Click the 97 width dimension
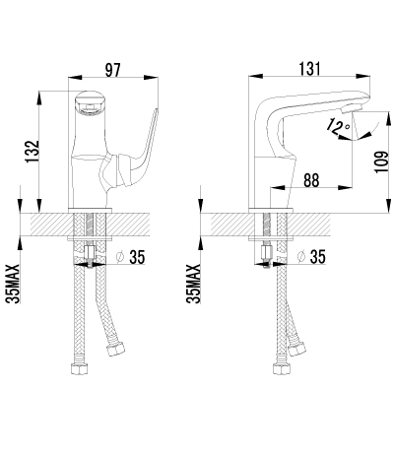113,70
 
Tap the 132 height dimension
33,152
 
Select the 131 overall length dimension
309,69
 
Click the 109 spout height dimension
381,162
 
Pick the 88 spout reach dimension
311,180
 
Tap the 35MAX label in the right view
193,284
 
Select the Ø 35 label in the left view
131,257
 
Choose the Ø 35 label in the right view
311,256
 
